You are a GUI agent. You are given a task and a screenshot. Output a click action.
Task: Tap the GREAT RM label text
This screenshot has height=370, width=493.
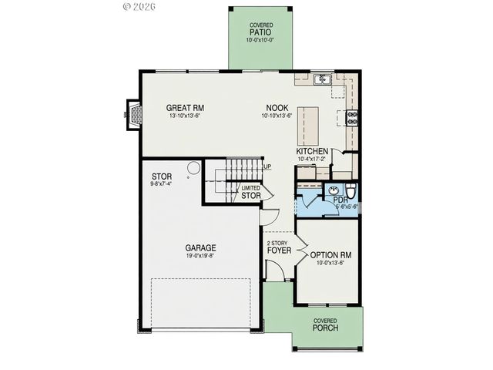tap(185, 108)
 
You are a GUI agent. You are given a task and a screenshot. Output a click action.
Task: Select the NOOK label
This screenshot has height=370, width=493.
tap(277, 108)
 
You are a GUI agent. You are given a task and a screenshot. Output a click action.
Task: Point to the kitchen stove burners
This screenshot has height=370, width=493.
tap(353, 117)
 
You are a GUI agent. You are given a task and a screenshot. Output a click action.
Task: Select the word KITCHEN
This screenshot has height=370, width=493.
tap(313, 151)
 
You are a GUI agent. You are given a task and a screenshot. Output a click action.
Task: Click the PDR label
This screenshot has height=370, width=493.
tap(340, 200)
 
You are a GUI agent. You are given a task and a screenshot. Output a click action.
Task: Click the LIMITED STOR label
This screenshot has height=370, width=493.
tap(250, 193)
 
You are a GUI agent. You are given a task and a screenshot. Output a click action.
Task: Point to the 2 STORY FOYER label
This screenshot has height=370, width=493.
tap(277, 246)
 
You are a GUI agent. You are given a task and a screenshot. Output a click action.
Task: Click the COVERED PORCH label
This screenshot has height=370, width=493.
tap(324, 325)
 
